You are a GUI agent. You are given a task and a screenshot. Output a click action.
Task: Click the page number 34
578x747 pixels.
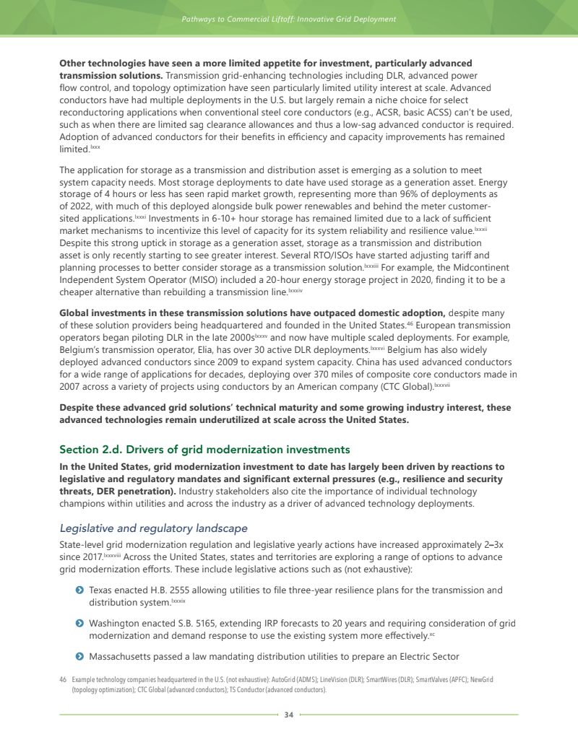(289, 715)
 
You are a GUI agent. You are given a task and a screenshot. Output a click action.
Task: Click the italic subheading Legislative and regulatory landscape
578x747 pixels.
(153, 528)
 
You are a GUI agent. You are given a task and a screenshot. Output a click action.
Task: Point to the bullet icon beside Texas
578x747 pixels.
(79, 590)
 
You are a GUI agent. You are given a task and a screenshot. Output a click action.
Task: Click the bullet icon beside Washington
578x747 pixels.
(79, 623)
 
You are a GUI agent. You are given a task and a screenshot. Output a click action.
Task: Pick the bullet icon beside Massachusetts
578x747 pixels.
(79, 656)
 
